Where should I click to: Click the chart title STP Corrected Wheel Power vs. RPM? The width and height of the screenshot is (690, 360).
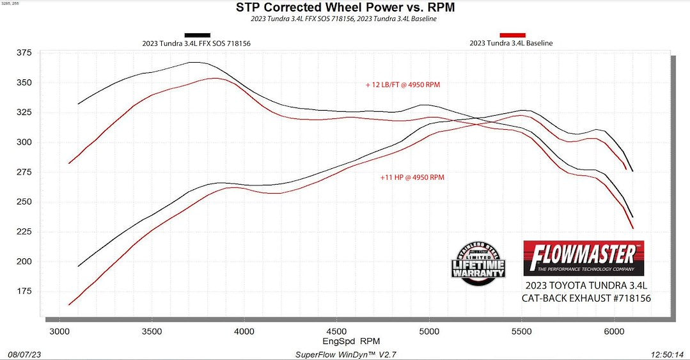345,8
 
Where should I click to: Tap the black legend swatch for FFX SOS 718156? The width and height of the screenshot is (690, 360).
197,35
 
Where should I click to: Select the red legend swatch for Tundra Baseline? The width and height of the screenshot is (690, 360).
512,35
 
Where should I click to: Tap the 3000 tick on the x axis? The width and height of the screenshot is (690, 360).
59,332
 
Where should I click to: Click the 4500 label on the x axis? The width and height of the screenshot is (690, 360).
336,332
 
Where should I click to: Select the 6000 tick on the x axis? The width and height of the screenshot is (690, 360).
614,332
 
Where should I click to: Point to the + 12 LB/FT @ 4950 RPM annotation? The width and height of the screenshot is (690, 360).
403,84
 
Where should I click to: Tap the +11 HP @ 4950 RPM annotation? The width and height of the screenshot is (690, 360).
412,177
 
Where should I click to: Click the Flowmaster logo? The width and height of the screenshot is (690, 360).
583,258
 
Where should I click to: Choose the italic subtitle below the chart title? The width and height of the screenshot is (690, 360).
345,19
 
